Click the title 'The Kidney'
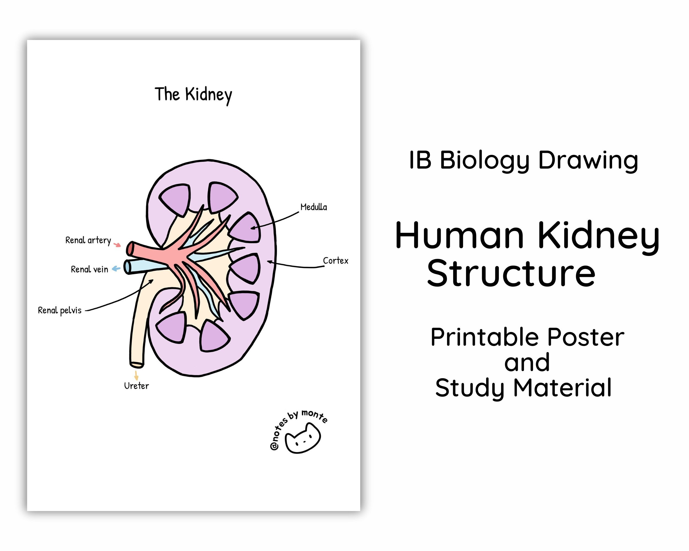(193, 94)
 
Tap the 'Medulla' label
(314, 207)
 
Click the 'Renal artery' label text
(88, 240)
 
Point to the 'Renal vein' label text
(89, 269)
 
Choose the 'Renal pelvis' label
(60, 310)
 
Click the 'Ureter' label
(136, 386)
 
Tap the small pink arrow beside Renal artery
(118, 245)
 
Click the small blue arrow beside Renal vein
(116, 269)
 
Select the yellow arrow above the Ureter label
(136, 375)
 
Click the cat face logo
(302, 438)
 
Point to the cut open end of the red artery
(130, 249)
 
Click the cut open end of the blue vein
(127, 267)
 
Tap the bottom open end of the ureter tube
(137, 364)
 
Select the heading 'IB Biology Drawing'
(523, 160)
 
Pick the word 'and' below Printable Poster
(527, 363)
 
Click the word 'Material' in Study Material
(562, 388)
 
